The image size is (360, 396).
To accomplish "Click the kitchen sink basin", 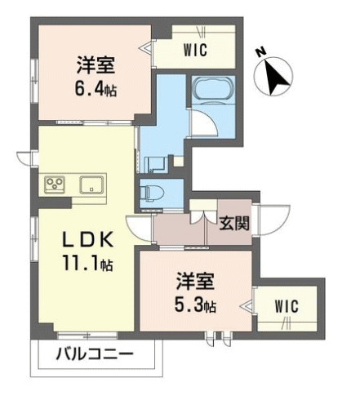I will [x=91, y=184].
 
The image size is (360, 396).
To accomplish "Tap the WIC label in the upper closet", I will [x=196, y=51].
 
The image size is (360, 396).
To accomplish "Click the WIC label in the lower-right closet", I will [x=287, y=305].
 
